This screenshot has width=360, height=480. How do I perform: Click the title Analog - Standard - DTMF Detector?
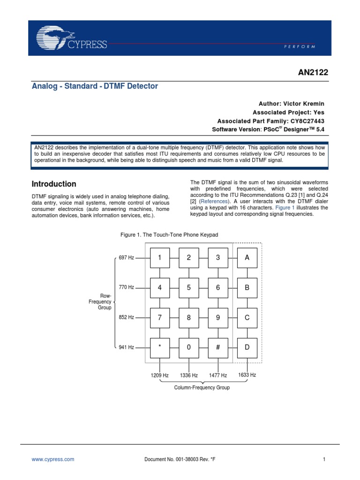click(95, 86)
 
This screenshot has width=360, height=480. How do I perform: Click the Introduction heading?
click(53, 184)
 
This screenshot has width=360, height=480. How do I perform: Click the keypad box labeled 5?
click(189, 288)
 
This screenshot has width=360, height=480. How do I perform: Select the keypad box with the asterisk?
click(160, 347)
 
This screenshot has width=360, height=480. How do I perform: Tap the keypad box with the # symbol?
click(218, 347)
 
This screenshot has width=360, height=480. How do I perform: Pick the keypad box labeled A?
click(247, 257)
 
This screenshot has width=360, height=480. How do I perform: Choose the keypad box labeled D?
click(247, 347)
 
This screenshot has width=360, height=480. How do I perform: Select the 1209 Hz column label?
click(160, 375)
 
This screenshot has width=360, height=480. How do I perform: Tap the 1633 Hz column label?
click(247, 375)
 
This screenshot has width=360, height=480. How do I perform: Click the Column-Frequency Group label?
click(202, 388)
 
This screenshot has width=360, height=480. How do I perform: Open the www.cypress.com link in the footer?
click(52, 460)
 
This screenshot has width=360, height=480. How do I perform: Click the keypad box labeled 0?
click(189, 347)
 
